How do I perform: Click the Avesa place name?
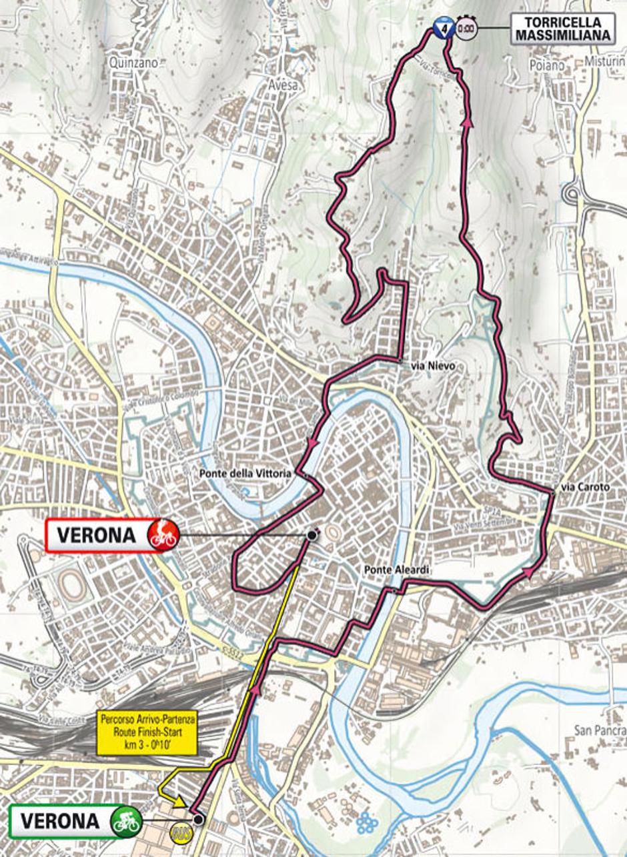[283, 85]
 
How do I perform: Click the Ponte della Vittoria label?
[245, 473]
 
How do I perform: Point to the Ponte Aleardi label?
[396, 570]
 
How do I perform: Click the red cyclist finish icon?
[163, 534]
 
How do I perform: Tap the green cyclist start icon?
[125, 820]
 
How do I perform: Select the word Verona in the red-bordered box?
[96, 535]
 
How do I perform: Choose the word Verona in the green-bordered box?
[59, 821]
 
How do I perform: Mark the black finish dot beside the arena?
[311, 535]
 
